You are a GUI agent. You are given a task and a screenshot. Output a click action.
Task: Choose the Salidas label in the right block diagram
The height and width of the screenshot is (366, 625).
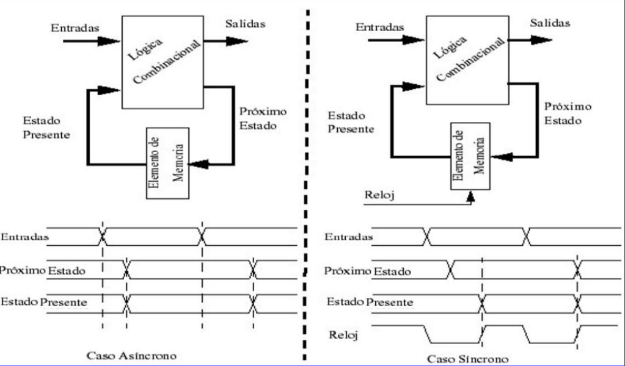550,23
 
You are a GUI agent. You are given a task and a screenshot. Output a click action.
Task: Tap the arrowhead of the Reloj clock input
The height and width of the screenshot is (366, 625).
470,196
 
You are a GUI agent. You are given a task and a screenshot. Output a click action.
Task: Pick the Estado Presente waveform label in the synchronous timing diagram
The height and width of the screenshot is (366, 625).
370,302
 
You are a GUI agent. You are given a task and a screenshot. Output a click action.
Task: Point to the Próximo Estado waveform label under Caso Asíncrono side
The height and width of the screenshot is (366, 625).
43,270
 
